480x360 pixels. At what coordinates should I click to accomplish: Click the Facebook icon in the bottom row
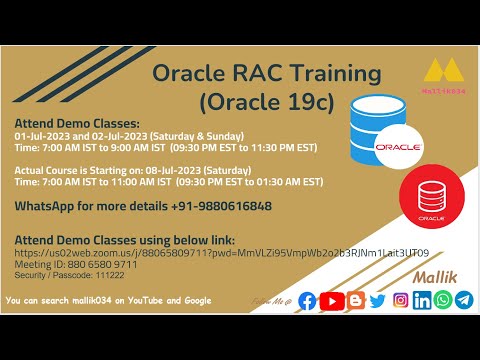pos(307,300)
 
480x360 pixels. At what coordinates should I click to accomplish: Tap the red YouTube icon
pos(331,300)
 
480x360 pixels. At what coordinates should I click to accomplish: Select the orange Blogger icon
pos(354,300)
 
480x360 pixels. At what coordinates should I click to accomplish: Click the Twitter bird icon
pos(377,300)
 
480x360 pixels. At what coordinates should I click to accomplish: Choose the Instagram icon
pos(400,300)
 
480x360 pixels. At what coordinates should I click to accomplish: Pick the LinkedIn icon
pos(422,300)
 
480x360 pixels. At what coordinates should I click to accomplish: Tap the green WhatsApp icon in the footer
pos(443,300)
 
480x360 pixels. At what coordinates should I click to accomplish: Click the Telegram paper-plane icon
pos(464,300)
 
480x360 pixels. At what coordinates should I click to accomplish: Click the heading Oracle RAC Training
pos(267,73)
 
